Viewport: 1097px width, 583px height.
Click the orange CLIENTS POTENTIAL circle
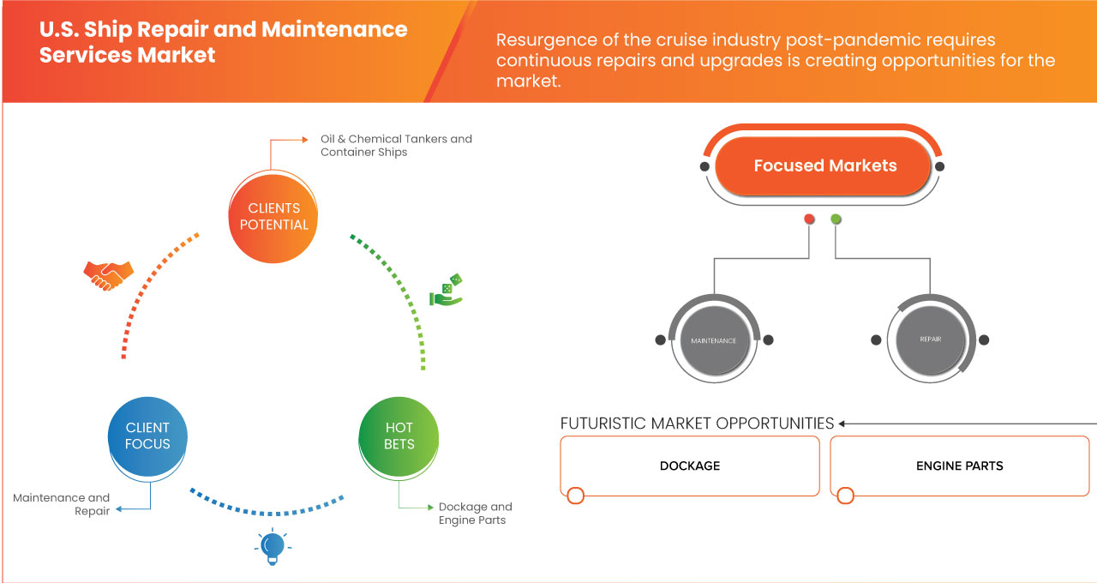[x=274, y=216]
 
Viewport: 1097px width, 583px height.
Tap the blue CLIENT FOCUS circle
[x=147, y=436]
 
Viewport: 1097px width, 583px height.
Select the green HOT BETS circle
[x=399, y=436]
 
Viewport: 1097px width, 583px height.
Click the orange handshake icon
[x=108, y=273]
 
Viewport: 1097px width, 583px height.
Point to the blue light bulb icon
[x=273, y=547]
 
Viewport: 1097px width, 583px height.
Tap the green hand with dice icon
[x=446, y=291]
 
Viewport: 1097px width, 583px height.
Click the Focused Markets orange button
[x=824, y=166]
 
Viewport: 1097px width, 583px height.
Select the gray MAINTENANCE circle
[x=714, y=340]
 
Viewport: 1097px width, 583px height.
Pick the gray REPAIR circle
[x=930, y=340]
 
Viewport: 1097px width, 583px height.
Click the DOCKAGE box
[x=690, y=466]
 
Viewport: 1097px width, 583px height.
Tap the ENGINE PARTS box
[x=959, y=466]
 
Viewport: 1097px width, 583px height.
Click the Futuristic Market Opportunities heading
[x=697, y=424]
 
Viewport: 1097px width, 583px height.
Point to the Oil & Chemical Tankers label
[x=396, y=145]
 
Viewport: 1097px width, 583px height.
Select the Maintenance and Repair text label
[x=62, y=504]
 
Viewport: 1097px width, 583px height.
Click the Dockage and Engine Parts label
[x=475, y=513]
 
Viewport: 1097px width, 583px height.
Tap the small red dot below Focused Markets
[x=809, y=219]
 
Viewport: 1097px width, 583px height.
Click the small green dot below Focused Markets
[x=836, y=219]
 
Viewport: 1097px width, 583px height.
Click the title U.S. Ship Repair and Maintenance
[x=223, y=41]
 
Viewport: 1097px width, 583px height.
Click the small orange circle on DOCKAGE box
[x=575, y=496]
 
